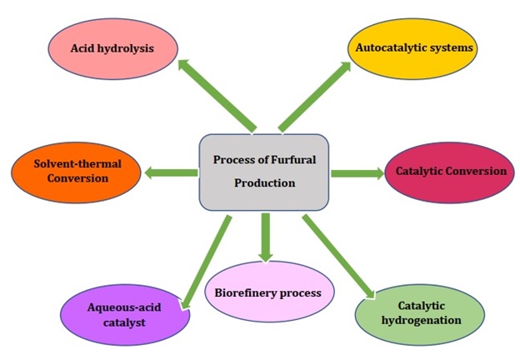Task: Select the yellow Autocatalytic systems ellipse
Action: (x=414, y=48)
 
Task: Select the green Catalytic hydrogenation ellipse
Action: (x=418, y=312)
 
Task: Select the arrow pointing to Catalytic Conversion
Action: (x=357, y=173)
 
